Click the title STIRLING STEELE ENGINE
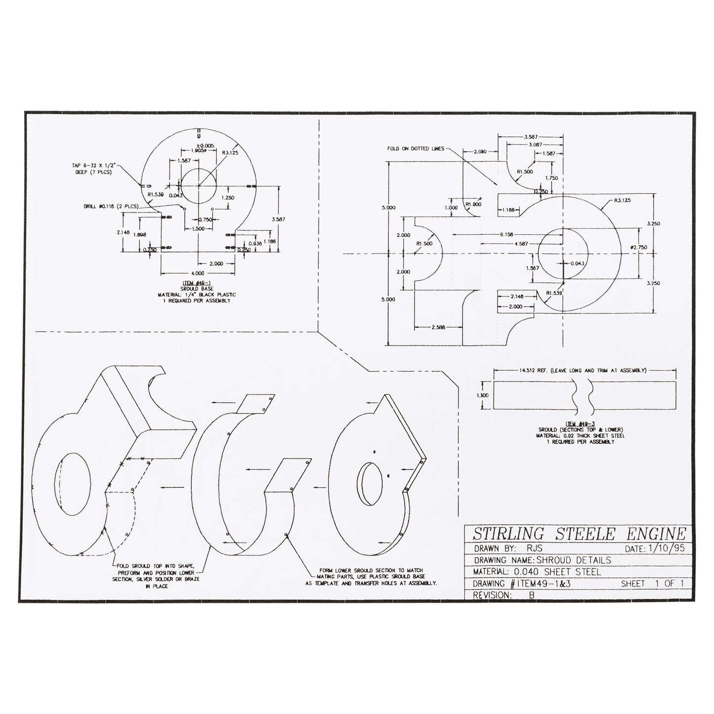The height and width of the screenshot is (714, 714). click(x=579, y=534)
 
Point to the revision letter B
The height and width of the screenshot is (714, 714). click(x=532, y=595)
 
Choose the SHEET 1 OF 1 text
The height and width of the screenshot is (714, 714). click(x=652, y=584)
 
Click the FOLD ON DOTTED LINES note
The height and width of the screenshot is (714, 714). click(x=416, y=148)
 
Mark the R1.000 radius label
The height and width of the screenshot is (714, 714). click(x=473, y=204)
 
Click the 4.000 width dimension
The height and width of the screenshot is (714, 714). click(x=198, y=273)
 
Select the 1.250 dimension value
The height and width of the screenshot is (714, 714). click(x=228, y=197)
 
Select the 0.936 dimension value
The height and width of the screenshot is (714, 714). click(x=255, y=244)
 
